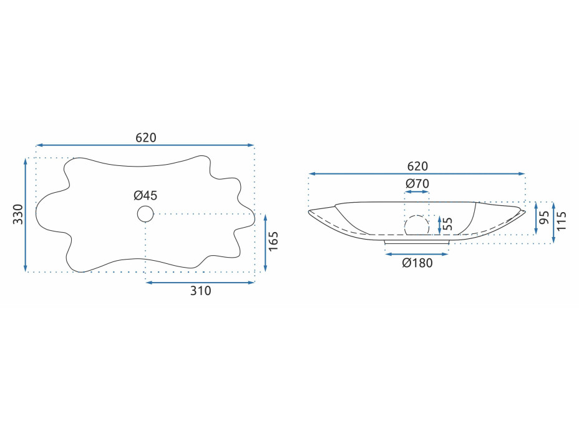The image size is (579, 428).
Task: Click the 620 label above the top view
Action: point(146,138)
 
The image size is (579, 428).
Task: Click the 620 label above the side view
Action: point(417,167)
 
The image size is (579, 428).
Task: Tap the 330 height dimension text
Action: point(18,214)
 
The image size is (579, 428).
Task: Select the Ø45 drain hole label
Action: point(145,195)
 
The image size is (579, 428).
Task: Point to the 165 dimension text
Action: point(273,241)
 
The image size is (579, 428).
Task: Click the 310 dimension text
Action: point(200,291)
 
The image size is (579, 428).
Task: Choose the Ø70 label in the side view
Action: point(417,183)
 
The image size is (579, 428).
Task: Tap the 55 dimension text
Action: point(447,224)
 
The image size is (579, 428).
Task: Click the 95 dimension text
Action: point(544,218)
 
